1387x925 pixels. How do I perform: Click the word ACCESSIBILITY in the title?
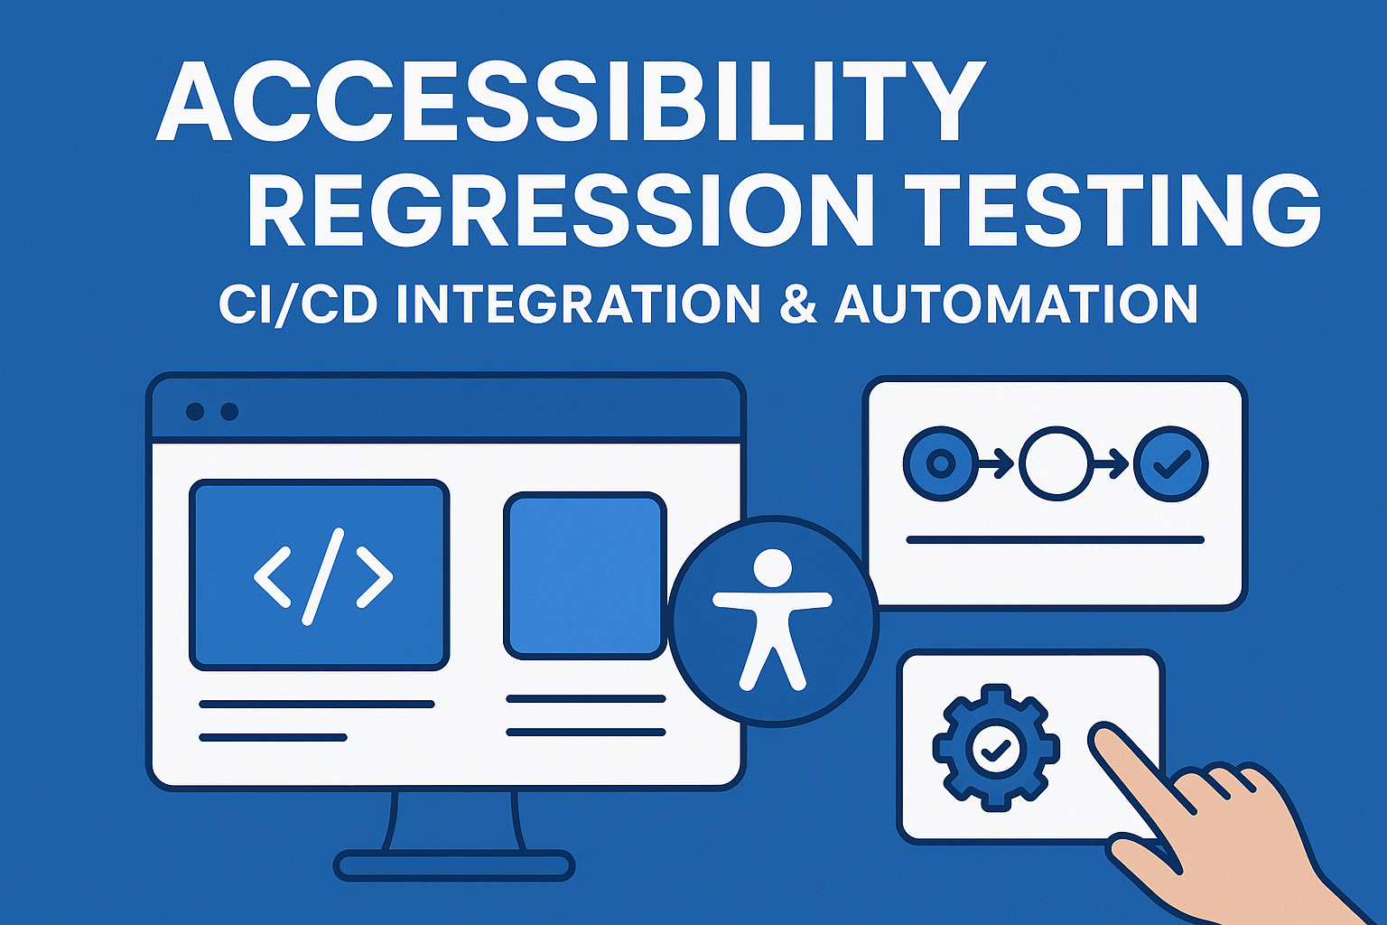click(x=571, y=101)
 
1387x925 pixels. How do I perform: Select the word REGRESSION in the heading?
click(x=560, y=210)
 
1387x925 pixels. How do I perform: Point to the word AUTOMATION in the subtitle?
click(x=1016, y=304)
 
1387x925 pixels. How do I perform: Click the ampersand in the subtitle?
click(x=796, y=304)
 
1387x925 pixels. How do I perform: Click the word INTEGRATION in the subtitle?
click(x=578, y=304)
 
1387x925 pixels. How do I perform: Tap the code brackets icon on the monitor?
click(x=322, y=575)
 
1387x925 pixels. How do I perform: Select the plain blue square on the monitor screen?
click(x=585, y=575)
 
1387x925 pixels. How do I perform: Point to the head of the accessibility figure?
click(x=772, y=568)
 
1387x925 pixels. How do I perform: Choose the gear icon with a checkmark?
click(x=995, y=747)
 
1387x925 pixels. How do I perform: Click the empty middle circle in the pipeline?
click(x=1055, y=464)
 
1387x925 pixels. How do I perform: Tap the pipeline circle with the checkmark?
click(x=1171, y=464)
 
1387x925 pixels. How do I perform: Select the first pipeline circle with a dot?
click(x=940, y=464)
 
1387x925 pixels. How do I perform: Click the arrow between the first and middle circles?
click(x=997, y=465)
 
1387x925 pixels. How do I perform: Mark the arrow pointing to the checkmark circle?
click(x=1112, y=465)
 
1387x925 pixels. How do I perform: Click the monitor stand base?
click(x=454, y=865)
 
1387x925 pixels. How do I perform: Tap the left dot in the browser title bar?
click(x=194, y=412)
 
